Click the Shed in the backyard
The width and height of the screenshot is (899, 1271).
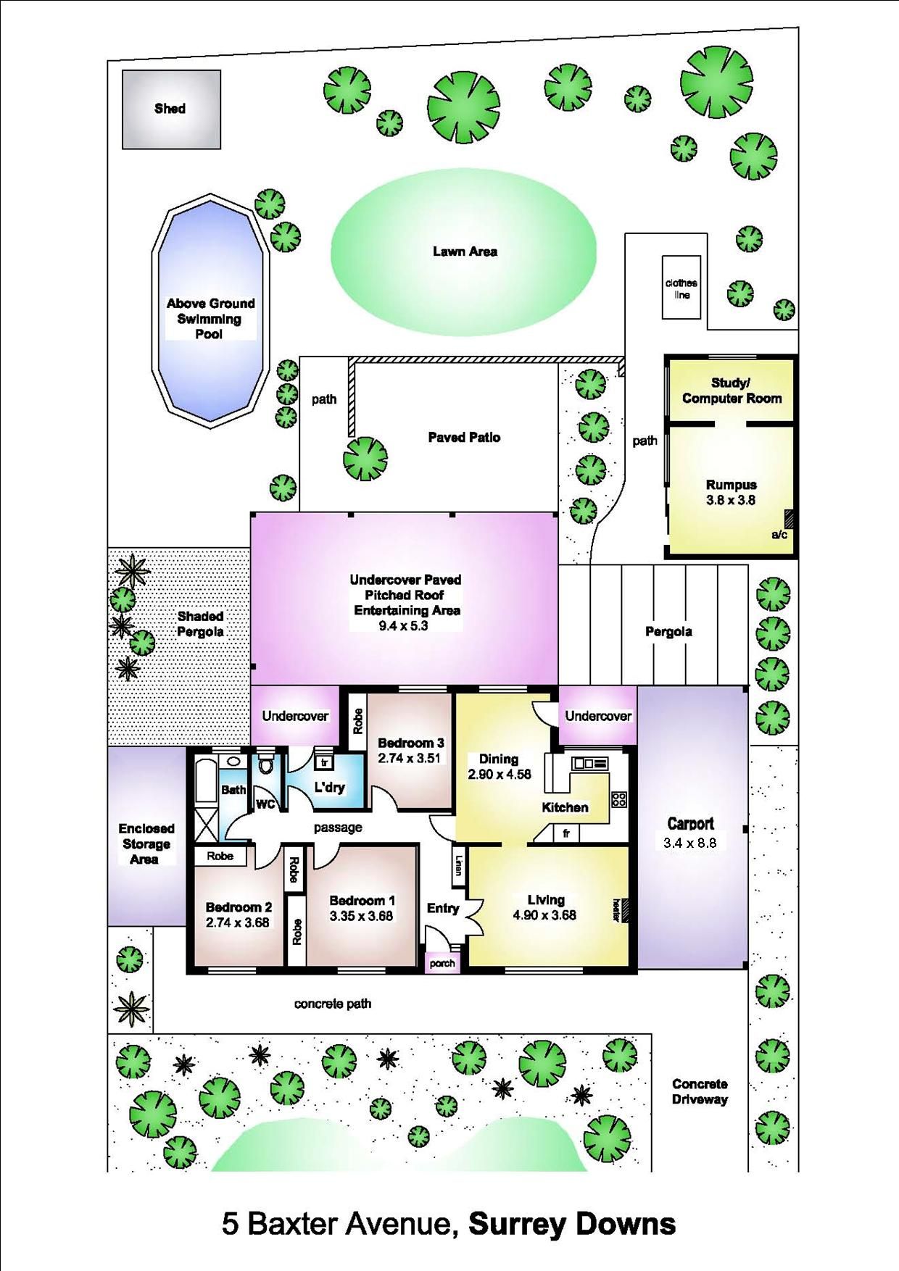click(171, 109)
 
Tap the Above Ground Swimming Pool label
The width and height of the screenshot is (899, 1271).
click(210, 319)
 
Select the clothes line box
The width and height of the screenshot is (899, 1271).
click(681, 287)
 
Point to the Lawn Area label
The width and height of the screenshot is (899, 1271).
click(465, 251)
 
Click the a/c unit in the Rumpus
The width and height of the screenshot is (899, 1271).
click(790, 520)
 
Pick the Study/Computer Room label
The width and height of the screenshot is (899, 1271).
click(732, 391)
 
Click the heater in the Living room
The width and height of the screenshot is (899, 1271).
click(625, 910)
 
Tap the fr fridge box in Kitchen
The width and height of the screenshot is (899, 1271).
click(566, 833)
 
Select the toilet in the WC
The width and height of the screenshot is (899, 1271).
click(266, 764)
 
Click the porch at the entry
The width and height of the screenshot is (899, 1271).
click(442, 963)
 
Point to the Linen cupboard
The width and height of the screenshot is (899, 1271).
click(458, 865)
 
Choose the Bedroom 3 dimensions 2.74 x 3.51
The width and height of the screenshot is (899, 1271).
click(409, 759)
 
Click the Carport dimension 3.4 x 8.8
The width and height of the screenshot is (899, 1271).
click(689, 843)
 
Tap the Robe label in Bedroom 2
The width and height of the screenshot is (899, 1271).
click(220, 856)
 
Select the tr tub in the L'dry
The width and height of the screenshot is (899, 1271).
click(324, 762)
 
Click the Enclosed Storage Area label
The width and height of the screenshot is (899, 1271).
click(146, 844)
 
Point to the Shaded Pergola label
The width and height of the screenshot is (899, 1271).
click(200, 624)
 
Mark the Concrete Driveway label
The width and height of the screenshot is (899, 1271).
click(700, 1091)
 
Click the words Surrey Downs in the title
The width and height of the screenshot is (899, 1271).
click(572, 1224)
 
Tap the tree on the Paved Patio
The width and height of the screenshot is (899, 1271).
click(365, 459)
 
